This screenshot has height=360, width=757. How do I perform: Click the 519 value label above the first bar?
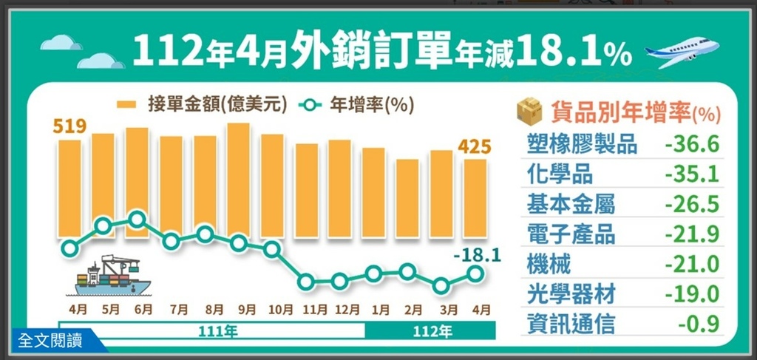click(x=69, y=126)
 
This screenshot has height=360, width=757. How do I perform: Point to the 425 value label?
click(x=474, y=147)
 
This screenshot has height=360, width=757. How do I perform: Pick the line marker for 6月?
click(x=137, y=219)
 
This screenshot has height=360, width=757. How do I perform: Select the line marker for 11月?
click(x=306, y=282)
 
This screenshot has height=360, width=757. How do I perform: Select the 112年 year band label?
click(x=434, y=332)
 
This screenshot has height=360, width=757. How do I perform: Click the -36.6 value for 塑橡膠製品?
click(x=692, y=143)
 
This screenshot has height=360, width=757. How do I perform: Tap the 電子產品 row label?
click(x=571, y=234)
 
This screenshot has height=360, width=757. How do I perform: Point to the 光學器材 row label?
click(x=571, y=293)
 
